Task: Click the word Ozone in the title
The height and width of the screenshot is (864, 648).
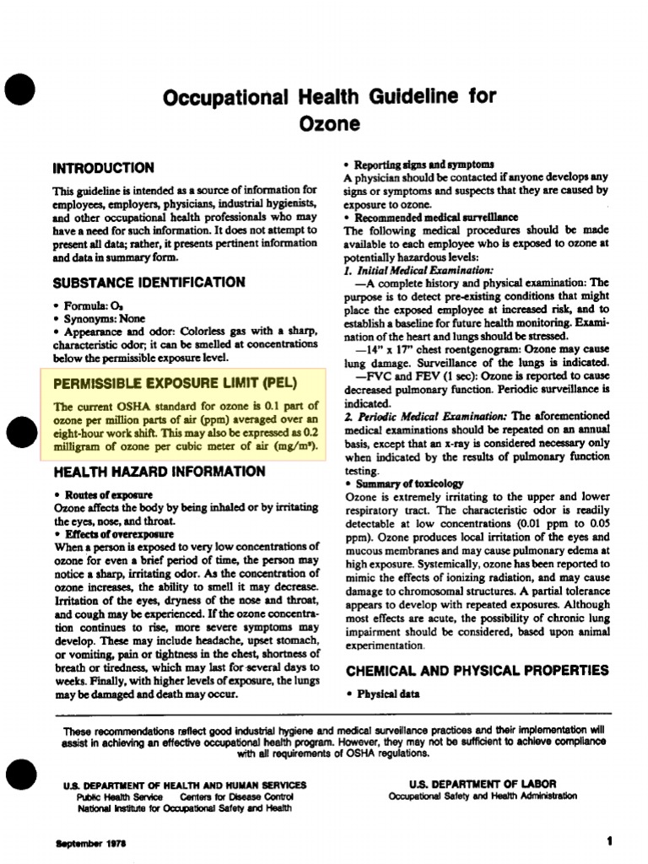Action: [x=331, y=124]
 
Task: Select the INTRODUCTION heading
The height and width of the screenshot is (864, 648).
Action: [x=103, y=168]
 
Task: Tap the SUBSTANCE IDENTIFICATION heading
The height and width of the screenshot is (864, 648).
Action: [x=148, y=283]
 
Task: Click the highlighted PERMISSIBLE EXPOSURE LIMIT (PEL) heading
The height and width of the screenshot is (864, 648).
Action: [x=175, y=383]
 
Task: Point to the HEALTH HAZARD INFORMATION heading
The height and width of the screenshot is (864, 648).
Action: [x=159, y=472]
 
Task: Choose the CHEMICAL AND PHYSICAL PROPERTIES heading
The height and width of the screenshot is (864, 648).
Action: [x=476, y=671]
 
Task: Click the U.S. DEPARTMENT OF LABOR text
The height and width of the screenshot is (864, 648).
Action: [x=483, y=784]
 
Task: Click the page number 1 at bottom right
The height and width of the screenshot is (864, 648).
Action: [x=608, y=840]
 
